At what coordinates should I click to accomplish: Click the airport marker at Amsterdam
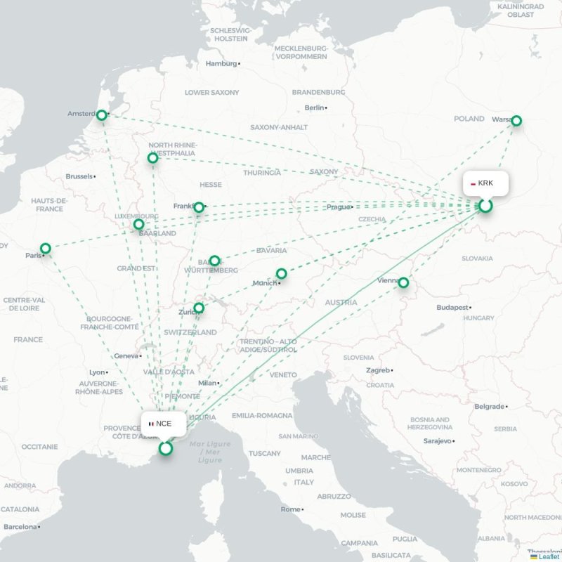(x=102, y=115)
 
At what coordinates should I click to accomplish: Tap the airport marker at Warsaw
(x=516, y=121)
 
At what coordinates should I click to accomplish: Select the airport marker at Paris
(x=46, y=248)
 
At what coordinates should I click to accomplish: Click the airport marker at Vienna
(x=403, y=282)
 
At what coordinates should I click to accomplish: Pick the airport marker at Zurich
(x=200, y=308)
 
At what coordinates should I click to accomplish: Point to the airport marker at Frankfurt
(x=199, y=207)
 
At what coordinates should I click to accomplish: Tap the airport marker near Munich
(x=281, y=273)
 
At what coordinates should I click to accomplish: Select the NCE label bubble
(x=164, y=424)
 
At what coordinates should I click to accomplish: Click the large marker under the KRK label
(x=485, y=206)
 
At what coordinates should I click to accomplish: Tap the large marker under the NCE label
(x=166, y=448)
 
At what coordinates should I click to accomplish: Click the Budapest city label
(x=452, y=308)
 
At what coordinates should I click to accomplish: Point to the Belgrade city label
(x=489, y=406)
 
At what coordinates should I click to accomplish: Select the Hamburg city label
(x=221, y=63)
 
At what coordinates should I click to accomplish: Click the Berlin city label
(x=314, y=107)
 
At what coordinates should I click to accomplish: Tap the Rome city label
(x=290, y=509)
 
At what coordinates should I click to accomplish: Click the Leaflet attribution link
(x=549, y=556)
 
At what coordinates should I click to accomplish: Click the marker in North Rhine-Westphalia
(x=153, y=158)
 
